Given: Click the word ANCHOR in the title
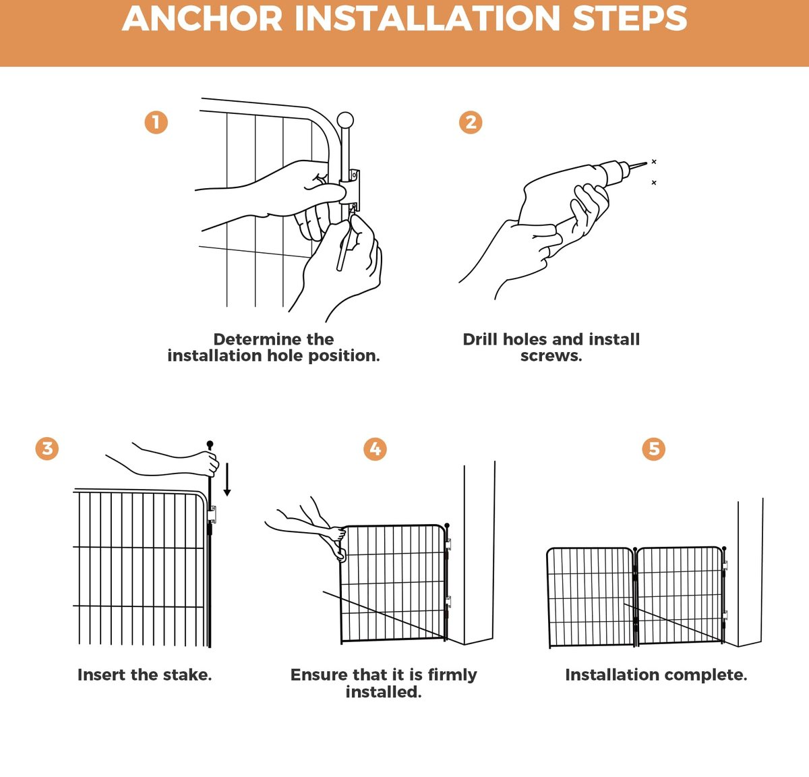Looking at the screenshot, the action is [202, 19].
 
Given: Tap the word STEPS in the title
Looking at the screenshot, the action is [630, 19].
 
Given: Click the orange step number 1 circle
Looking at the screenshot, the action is [156, 123].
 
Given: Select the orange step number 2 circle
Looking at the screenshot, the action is [471, 123].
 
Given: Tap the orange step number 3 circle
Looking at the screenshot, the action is [47, 449].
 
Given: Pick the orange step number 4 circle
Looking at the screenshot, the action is [375, 449].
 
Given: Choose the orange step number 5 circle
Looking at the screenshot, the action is [653, 449].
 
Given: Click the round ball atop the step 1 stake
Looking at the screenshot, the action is [345, 121].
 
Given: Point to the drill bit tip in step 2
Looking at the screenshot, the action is [647, 163].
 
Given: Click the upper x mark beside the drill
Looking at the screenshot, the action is [654, 161].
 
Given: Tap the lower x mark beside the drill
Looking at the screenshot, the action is [654, 182].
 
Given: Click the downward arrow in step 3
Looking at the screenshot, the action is [227, 479].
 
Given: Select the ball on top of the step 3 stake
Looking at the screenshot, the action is [210, 444].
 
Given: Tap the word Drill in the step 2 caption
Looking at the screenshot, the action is [480, 339].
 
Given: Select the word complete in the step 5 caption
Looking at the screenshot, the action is [706, 674].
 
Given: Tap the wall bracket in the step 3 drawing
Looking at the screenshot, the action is [212, 515].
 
